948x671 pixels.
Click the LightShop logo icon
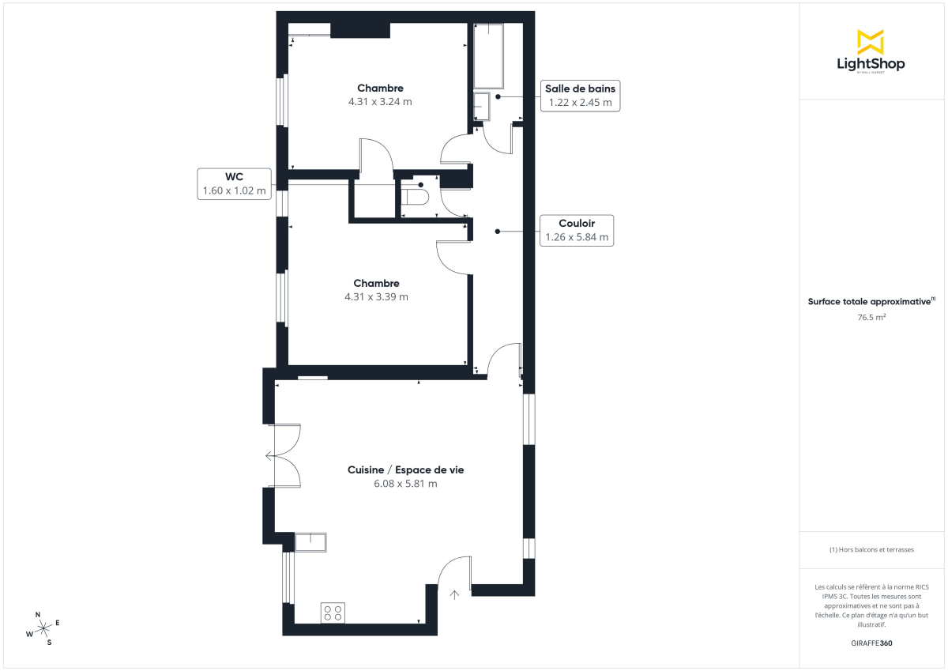870,42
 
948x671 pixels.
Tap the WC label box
234,183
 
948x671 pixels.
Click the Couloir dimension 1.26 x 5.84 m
577,237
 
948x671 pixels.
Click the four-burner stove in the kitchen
333,613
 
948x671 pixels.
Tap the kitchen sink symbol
310,542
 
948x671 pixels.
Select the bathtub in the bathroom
488,56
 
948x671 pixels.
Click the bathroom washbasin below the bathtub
481,106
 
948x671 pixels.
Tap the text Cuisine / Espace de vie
405,469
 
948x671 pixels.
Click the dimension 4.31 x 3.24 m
380,102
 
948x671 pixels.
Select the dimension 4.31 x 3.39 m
376,297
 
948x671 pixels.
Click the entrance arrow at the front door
455,595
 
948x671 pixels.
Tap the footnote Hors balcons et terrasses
871,549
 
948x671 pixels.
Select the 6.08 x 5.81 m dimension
405,484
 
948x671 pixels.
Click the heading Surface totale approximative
870,301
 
